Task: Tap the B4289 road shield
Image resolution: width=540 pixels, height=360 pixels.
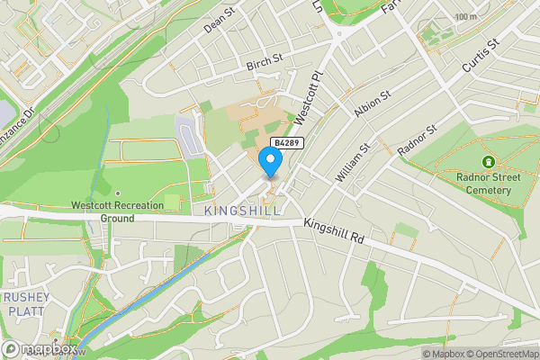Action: [286, 143]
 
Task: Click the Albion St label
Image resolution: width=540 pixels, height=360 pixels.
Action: [373, 107]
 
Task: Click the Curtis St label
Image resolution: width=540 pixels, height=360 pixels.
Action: [479, 57]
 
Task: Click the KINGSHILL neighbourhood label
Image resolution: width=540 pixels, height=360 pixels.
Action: [242, 211]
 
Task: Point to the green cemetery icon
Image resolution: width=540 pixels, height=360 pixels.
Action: [488, 162]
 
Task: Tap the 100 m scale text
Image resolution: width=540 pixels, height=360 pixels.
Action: [465, 17]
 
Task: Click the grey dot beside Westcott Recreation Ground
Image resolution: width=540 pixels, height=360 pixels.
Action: [117, 193]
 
